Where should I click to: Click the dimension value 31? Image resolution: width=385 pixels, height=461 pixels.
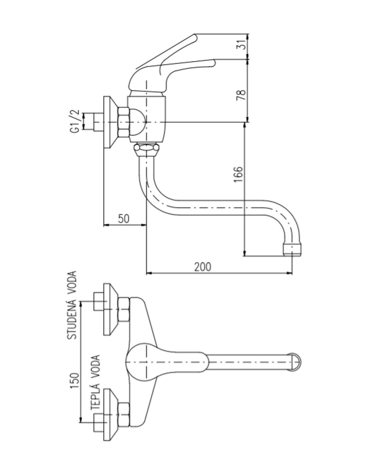pos(243,44)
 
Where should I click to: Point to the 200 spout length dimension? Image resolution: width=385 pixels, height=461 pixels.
pos(202,267)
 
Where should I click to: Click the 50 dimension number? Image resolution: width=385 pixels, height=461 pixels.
pos(124,218)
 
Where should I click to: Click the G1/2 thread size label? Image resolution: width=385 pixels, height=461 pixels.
pos(75,121)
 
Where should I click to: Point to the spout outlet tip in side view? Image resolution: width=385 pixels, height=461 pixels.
pos(292,250)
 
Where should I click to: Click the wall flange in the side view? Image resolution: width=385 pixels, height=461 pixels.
pos(110,122)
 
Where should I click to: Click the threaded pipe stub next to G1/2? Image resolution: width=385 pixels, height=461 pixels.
pos(98,122)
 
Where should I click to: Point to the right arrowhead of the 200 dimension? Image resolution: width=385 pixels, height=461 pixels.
pos(290,273)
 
